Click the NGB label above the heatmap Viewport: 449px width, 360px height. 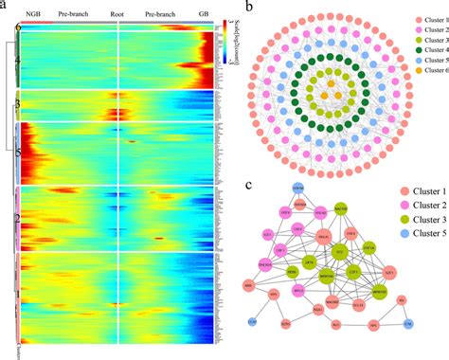(x=33, y=15)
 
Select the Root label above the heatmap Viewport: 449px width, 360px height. (x=117, y=15)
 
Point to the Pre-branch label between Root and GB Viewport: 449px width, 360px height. (x=161, y=15)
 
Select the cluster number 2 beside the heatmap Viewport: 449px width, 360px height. (x=17, y=218)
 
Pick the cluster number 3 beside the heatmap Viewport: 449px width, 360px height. (x=17, y=104)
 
